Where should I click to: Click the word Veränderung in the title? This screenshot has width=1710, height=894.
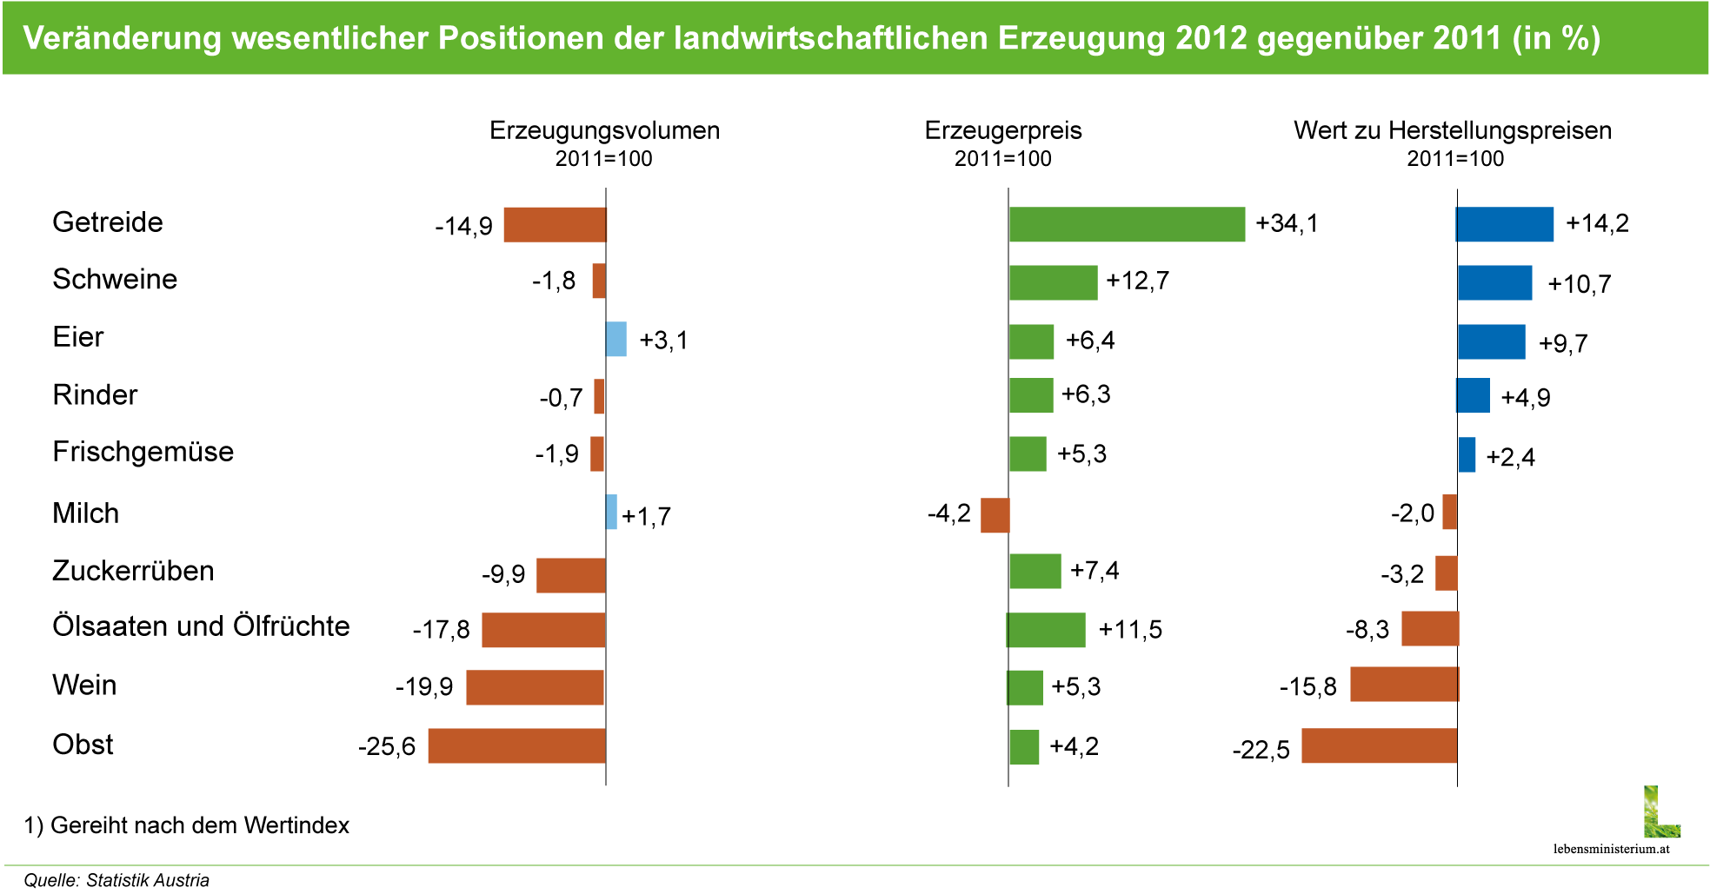(x=122, y=38)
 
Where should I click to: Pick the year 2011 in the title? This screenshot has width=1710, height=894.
(x=1464, y=38)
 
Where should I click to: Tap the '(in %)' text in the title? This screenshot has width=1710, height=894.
(x=1556, y=38)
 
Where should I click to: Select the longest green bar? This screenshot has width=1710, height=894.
(x=1127, y=224)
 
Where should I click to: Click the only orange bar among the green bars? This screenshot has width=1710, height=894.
(x=995, y=515)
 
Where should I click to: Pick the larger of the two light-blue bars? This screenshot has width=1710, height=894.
(x=616, y=339)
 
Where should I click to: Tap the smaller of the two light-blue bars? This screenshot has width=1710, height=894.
(x=612, y=512)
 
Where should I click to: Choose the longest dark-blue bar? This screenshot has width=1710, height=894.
(x=1505, y=224)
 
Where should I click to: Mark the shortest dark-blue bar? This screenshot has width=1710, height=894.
(x=1467, y=454)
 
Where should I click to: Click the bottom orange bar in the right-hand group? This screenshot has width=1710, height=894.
(x=1379, y=745)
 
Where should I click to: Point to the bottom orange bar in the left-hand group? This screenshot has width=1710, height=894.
(x=516, y=745)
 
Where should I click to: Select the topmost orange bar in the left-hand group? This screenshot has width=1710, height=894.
(x=555, y=224)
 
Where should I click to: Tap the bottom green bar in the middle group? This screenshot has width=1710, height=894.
(x=1024, y=746)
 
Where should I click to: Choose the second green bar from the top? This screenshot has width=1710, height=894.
(x=1053, y=282)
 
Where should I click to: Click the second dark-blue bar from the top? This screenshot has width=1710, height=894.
(x=1494, y=282)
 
